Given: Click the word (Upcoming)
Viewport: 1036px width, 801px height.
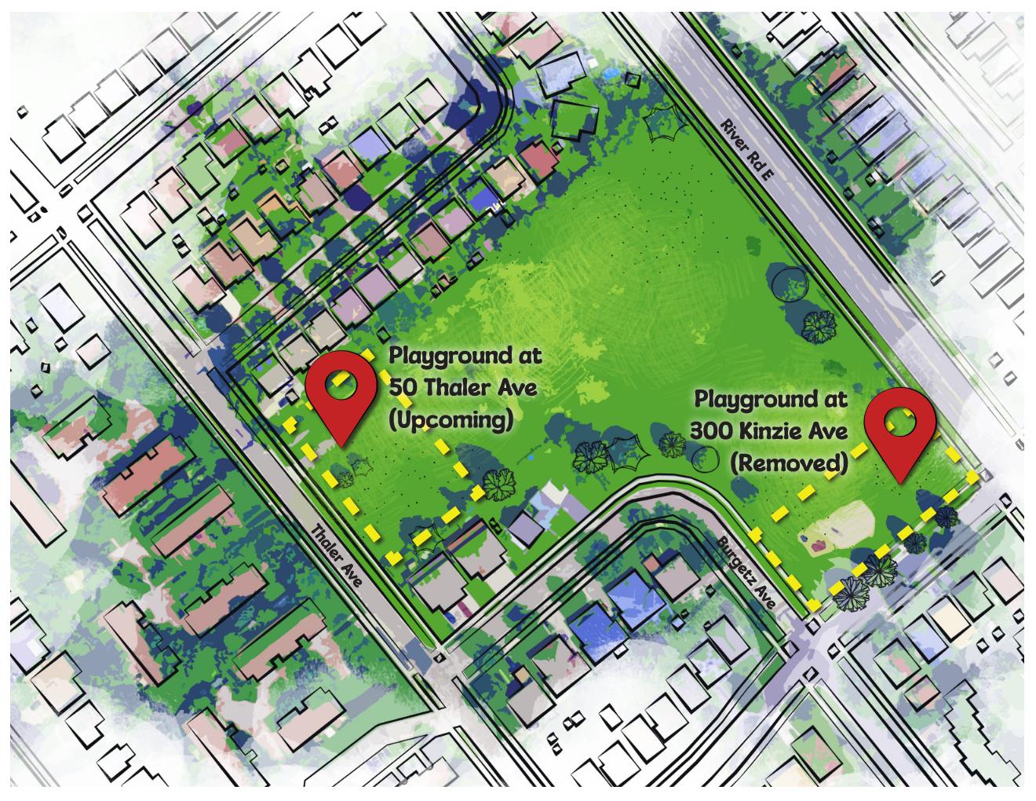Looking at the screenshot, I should pos(451,420).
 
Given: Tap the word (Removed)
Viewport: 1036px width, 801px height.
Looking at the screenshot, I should pos(788,463).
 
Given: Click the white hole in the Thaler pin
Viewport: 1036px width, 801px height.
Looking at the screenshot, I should pos(343,382).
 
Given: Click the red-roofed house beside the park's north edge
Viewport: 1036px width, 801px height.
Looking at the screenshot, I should pos(537,159).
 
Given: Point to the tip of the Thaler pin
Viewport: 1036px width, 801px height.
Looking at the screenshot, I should pos(343,445).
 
